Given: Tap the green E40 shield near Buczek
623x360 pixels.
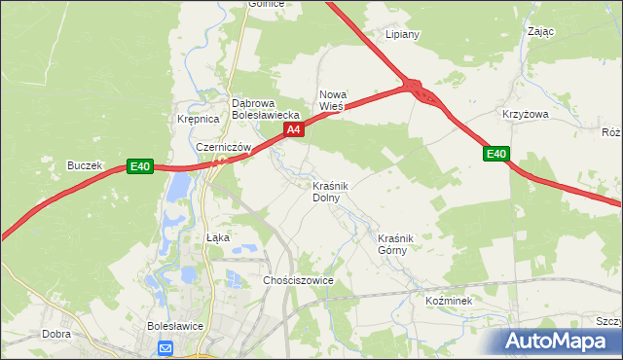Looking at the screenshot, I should tap(140, 166).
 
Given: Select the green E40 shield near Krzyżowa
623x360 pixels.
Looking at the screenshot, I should tap(496, 154).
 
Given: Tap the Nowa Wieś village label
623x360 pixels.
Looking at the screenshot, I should tap(333, 100).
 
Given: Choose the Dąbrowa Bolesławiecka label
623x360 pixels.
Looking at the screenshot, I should tap(258, 108).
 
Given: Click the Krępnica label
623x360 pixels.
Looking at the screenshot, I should tap(199, 119).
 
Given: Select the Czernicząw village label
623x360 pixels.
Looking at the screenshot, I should tap(224, 147).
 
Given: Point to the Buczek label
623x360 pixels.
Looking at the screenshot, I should tap(85, 166).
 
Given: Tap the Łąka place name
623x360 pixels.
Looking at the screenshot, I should tap(218, 237).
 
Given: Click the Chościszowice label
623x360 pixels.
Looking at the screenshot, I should tap(299, 280).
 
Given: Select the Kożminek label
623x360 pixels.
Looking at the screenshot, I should tap(449, 301).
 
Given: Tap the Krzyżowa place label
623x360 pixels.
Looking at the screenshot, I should tap(526, 114).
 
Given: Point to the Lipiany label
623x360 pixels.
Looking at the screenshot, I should tap(402, 34).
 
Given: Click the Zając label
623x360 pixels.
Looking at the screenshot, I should tap(541, 31).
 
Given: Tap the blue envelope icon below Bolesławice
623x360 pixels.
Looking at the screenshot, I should tap(165, 347).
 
